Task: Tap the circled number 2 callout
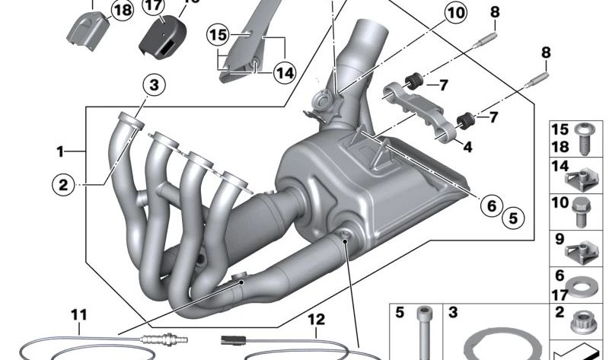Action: [64, 183]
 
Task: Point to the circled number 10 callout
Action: [454, 13]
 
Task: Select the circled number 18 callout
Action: [121, 9]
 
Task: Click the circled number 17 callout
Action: [153, 5]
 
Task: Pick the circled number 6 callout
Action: [491, 205]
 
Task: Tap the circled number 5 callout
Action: [512, 218]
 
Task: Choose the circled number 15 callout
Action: [218, 34]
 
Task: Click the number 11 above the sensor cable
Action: [79, 314]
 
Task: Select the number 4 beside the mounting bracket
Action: [467, 148]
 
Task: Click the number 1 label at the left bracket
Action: [60, 151]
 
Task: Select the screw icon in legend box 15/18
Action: [584, 137]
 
